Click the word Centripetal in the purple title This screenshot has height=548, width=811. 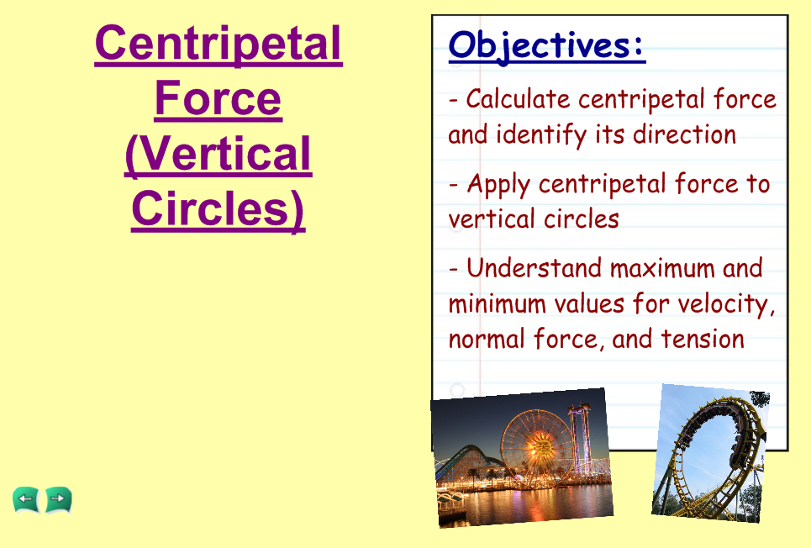point(219,44)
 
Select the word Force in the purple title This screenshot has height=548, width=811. point(219,98)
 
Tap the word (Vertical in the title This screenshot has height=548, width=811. point(219,154)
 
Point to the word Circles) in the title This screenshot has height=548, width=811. point(219,209)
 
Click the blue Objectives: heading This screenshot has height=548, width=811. point(547,46)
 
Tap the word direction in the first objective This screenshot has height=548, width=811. point(685,134)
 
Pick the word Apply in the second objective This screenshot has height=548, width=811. point(498,185)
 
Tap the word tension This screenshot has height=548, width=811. point(703,340)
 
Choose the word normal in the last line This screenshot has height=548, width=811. point(487,340)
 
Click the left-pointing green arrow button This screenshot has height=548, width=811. point(26,500)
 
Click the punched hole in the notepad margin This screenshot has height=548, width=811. point(456,390)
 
